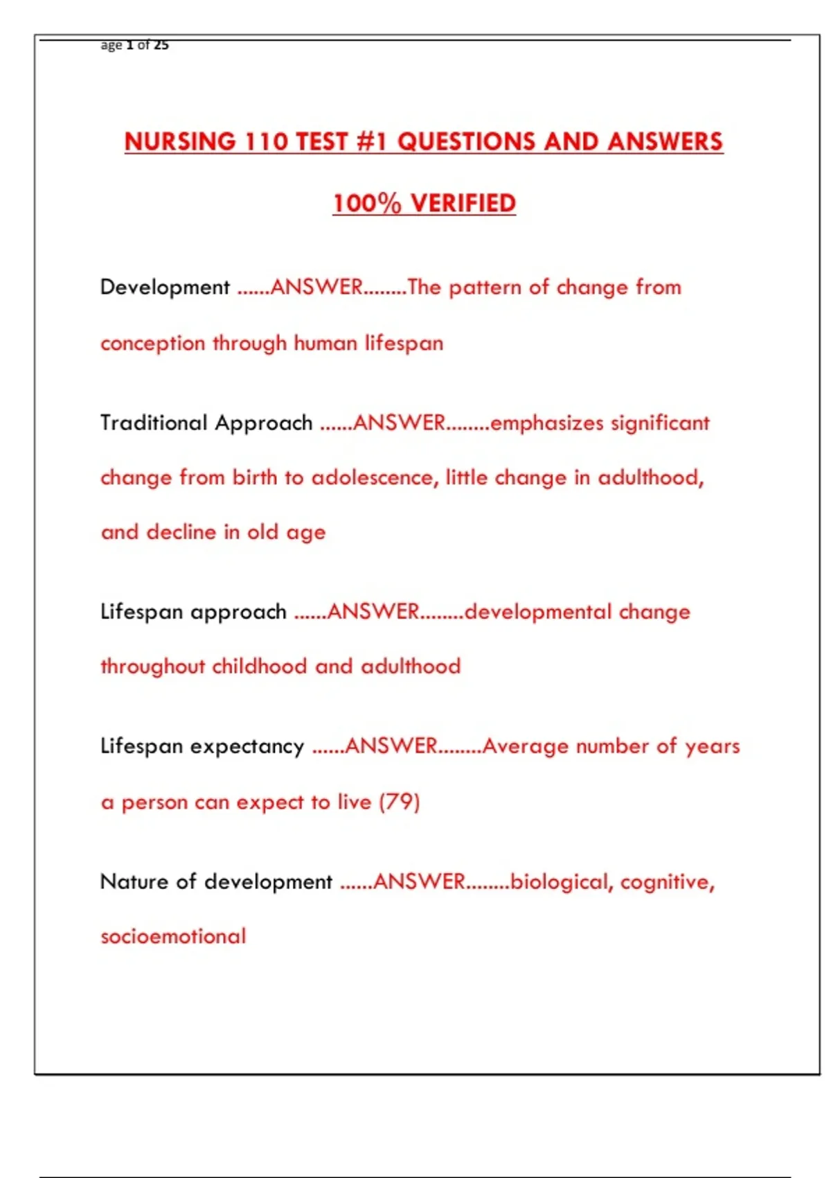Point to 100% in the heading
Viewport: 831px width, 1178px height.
(x=367, y=203)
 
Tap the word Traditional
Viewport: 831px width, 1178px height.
(x=154, y=423)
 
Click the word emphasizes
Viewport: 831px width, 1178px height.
(x=546, y=423)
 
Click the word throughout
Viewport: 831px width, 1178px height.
(x=153, y=667)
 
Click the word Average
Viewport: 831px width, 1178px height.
(x=526, y=746)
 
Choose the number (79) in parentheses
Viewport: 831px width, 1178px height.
(x=400, y=802)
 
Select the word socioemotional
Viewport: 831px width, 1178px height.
(x=173, y=937)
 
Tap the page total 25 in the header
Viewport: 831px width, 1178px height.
(x=161, y=45)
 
